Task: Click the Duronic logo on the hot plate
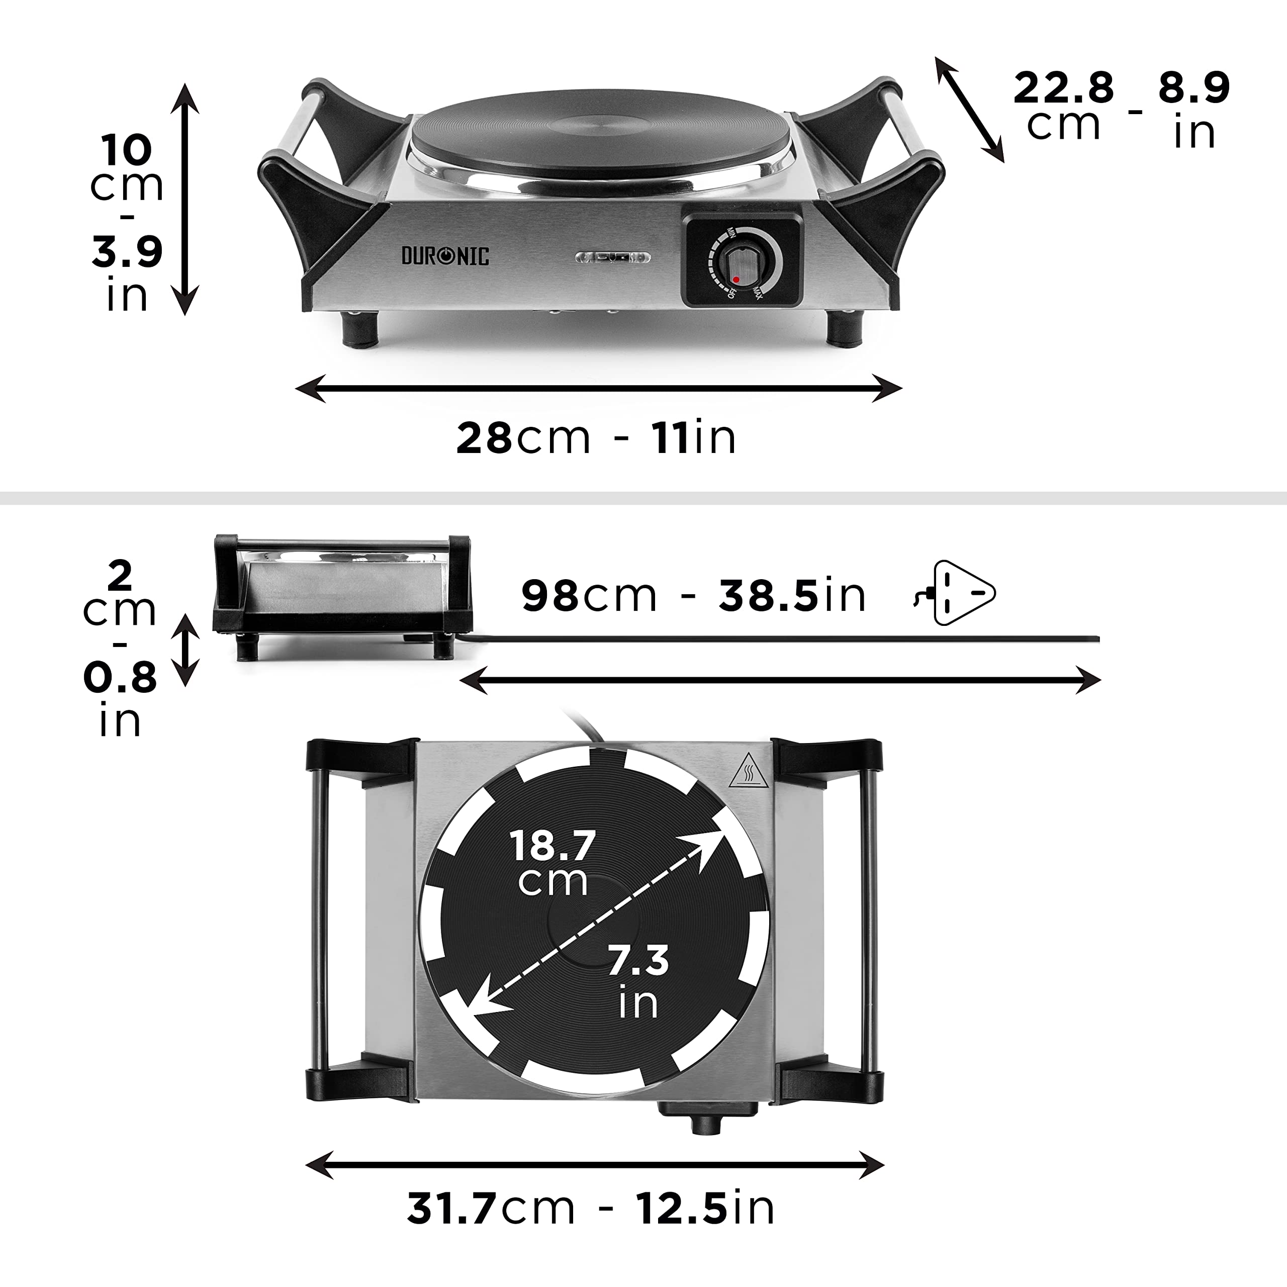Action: click(x=444, y=256)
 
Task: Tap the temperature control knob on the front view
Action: click(x=740, y=265)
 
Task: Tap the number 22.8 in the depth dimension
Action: click(x=1063, y=88)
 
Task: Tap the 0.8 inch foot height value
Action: click(x=120, y=678)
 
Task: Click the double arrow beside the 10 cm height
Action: click(x=185, y=199)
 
